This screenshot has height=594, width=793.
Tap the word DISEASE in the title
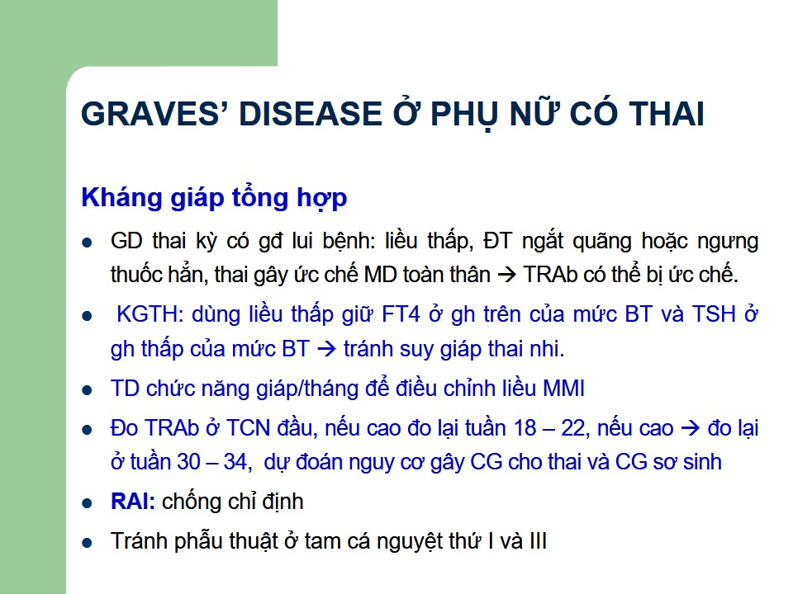[310, 114]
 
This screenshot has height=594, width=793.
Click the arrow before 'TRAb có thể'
[506, 276]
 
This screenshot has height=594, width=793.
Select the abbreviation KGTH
[150, 314]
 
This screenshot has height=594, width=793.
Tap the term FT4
[401, 314]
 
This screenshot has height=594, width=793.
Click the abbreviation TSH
[713, 314]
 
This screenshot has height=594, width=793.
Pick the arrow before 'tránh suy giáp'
[326, 349]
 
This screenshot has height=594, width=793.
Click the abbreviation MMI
[563, 389]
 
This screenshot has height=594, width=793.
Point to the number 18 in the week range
[525, 428]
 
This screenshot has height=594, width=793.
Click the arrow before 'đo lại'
[691, 428]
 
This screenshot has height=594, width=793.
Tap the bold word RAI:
[133, 502]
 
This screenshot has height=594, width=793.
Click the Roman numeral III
[538, 541]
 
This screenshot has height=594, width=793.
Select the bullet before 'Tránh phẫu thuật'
[87, 543]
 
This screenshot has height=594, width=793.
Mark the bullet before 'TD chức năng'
[87, 390]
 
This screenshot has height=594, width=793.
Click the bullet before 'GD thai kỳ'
[87, 243]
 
